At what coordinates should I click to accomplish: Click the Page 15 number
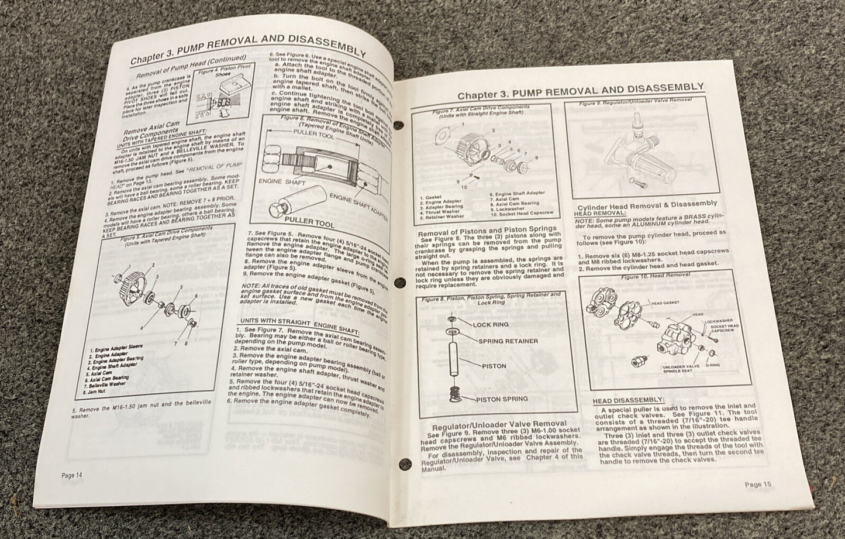[x=758, y=484]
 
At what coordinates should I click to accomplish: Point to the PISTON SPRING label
[x=502, y=399]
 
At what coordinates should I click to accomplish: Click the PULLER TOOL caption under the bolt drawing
[x=309, y=224]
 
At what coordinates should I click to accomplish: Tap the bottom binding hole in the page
[x=402, y=465]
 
